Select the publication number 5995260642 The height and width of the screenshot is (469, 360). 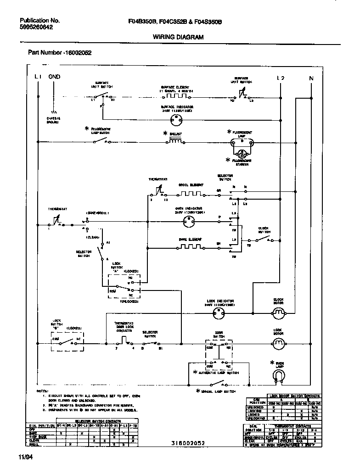(36, 28)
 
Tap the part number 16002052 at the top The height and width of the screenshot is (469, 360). (60, 52)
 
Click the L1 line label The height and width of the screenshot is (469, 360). (38, 77)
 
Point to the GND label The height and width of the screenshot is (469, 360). (54, 77)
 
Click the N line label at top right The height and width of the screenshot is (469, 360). (311, 78)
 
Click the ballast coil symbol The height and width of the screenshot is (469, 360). (175, 142)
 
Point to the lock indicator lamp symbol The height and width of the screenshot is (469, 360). (219, 313)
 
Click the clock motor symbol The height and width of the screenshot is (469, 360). (278, 313)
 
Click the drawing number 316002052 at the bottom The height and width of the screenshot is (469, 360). (187, 443)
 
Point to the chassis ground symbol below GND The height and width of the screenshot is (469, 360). (54, 112)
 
